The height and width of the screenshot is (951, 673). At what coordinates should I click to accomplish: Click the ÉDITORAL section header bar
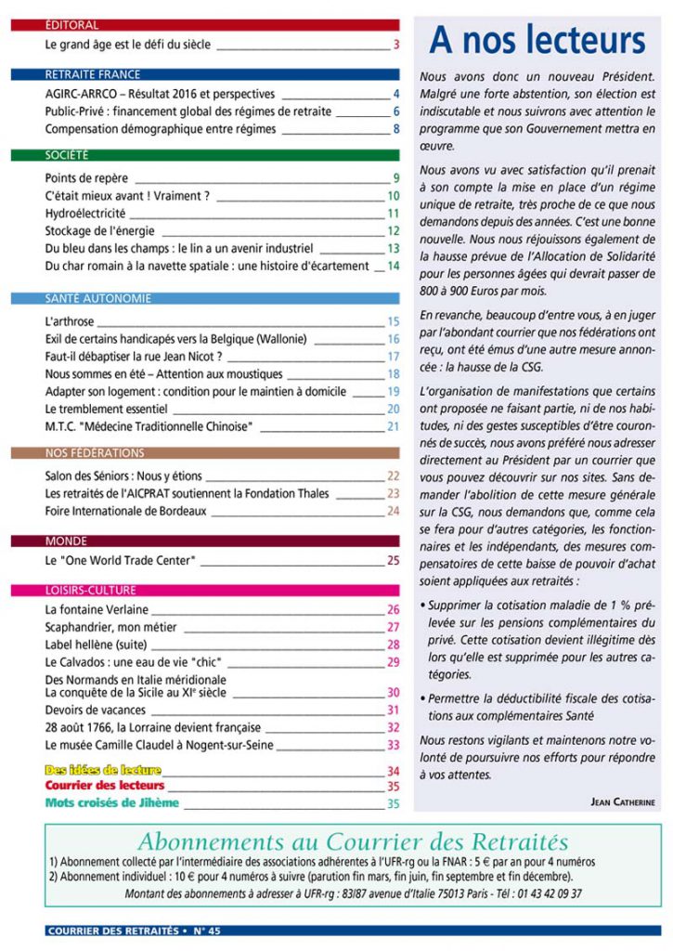pos(205,25)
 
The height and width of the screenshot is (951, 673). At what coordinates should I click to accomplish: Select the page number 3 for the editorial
pos(395,44)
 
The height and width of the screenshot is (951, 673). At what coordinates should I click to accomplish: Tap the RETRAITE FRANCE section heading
pos(205,74)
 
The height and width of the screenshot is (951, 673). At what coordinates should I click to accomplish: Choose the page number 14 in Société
pos(393,267)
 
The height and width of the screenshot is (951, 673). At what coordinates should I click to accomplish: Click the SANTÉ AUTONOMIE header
pos(205,299)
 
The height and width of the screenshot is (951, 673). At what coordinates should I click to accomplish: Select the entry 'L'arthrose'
pos(70,321)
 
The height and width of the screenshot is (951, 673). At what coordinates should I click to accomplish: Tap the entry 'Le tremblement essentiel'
pos(105,409)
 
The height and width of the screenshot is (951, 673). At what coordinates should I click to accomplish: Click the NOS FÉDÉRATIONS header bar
pos(205,453)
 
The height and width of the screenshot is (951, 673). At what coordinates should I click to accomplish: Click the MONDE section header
pos(205,541)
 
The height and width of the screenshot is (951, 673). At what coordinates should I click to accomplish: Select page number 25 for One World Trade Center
pos(393,561)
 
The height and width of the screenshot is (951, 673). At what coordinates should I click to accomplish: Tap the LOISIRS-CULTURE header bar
pos(205,590)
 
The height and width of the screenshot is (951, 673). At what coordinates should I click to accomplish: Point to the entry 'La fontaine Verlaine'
pos(97,610)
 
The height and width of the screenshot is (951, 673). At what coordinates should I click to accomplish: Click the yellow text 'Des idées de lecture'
pos(103,770)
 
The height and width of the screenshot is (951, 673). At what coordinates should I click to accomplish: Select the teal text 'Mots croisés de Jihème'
pos(111,803)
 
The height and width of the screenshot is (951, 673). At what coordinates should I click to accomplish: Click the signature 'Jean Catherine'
pos(621,801)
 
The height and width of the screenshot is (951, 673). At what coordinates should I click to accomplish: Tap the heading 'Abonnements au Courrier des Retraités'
pos(352,842)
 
